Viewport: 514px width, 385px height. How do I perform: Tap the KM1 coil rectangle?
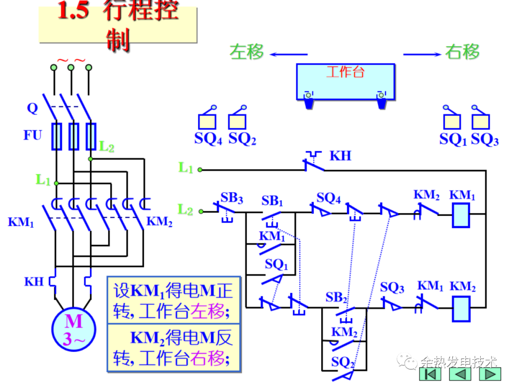pos(461,214)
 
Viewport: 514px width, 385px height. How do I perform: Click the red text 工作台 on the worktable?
pos(346,72)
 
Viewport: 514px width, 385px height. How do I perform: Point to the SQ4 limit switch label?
pos(208,139)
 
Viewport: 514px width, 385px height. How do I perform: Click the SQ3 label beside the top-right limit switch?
pos(484,139)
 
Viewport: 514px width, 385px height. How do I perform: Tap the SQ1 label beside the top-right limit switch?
pos(453,139)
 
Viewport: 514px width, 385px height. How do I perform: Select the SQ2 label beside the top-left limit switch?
pos(242,139)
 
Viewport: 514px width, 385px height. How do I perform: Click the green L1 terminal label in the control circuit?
pos(186,168)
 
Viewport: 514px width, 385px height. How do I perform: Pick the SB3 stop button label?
pos(232,198)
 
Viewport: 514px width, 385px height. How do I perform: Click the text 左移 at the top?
pos(247,52)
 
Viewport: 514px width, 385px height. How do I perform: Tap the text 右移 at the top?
pos(463,52)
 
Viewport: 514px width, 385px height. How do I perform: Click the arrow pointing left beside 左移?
pos(288,54)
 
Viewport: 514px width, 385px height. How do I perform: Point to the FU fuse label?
pos(33,135)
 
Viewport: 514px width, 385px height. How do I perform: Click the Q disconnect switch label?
pos(32,108)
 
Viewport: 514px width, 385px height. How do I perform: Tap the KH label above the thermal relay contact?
pos(340,155)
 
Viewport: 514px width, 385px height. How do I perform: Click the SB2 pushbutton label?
pos(336,298)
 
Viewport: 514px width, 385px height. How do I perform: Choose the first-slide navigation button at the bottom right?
pos(430,374)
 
